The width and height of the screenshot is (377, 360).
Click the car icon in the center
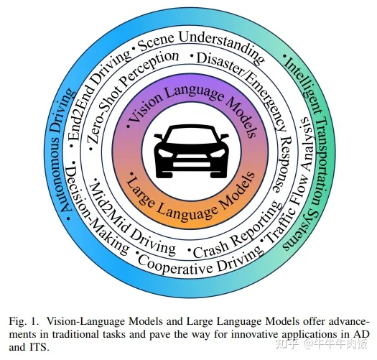pyautogui.click(x=191, y=152)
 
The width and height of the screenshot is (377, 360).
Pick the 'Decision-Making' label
pyautogui.click(x=95, y=209)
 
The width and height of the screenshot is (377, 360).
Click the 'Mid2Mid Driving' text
pyautogui.click(x=127, y=221)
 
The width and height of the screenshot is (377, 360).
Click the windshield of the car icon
pyautogui.click(x=192, y=136)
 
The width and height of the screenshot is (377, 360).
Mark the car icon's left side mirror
pyautogui.click(x=159, y=137)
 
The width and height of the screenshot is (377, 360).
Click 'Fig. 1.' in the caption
pyautogui.click(x=24, y=321)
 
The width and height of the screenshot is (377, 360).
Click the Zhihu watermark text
pyautogui.click(x=321, y=344)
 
